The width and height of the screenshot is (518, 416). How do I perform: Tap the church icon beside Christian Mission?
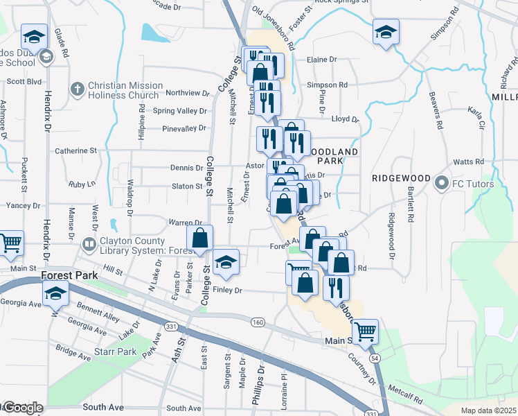pos(78,88)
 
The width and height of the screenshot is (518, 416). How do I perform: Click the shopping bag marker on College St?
pos(199,237)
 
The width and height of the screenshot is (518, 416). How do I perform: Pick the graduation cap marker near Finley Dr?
pos(226,262)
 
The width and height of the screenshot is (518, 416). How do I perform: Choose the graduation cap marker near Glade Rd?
pos(34,36)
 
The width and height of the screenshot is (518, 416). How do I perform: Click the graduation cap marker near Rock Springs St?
pos(386,31)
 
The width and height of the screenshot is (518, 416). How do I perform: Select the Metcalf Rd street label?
pos(409,393)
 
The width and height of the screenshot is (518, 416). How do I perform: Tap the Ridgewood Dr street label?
pos(393,236)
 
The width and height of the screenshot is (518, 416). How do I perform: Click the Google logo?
pos(22,408)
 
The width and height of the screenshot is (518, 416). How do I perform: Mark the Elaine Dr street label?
pos(321,60)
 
